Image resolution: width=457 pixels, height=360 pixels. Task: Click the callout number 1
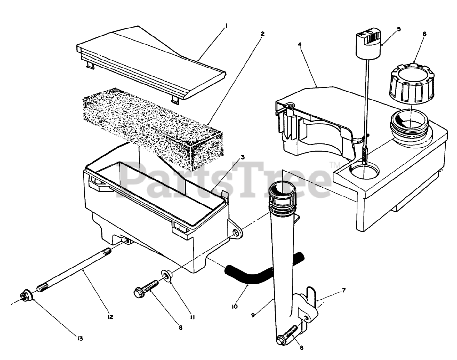click(226, 26)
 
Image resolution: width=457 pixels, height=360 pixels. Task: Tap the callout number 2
click(262, 34)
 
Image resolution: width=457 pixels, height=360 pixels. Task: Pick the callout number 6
click(424, 34)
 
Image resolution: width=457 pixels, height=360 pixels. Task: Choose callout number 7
click(343, 290)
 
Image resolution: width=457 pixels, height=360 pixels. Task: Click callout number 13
click(80, 338)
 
